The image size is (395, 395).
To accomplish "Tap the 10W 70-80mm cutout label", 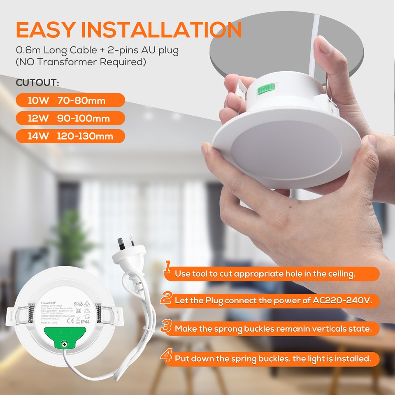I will tap(70, 100).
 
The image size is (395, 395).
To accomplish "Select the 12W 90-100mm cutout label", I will tap(70, 118).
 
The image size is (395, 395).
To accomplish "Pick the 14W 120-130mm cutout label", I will tap(70, 135).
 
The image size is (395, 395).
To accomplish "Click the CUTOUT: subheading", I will tap(37, 83).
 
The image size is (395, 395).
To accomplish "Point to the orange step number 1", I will tap(167, 267).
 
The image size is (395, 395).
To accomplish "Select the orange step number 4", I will tap(166, 355).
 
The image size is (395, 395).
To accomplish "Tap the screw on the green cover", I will tap(64, 343).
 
